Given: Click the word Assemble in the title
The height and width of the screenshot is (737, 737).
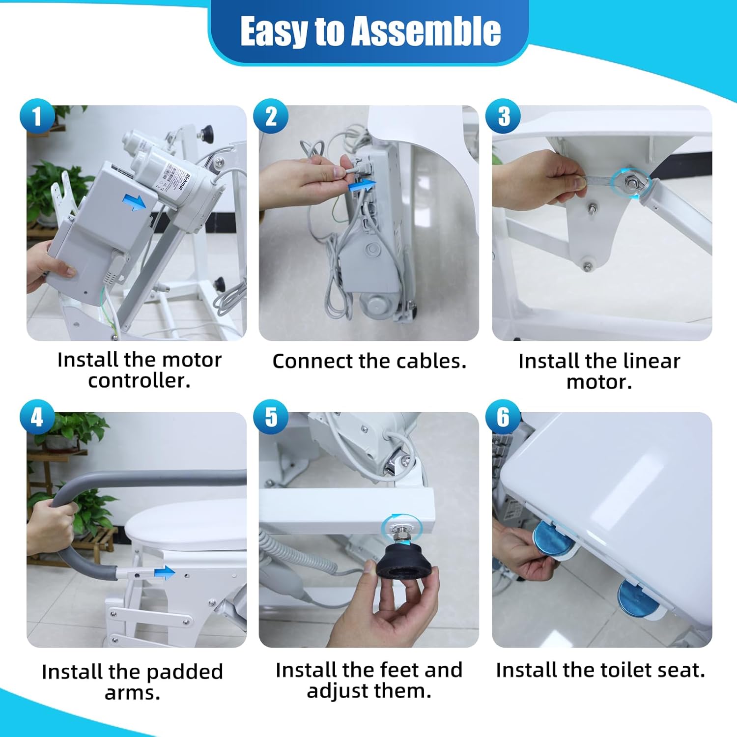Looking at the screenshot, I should point(426,31).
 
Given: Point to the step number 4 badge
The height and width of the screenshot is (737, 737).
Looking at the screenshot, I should point(37,418).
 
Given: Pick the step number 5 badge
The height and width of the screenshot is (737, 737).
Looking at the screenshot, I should point(271,418).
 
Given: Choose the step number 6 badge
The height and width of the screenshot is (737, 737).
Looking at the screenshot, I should point(503,418).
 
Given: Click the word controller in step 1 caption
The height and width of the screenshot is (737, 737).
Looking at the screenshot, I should point(139,381).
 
